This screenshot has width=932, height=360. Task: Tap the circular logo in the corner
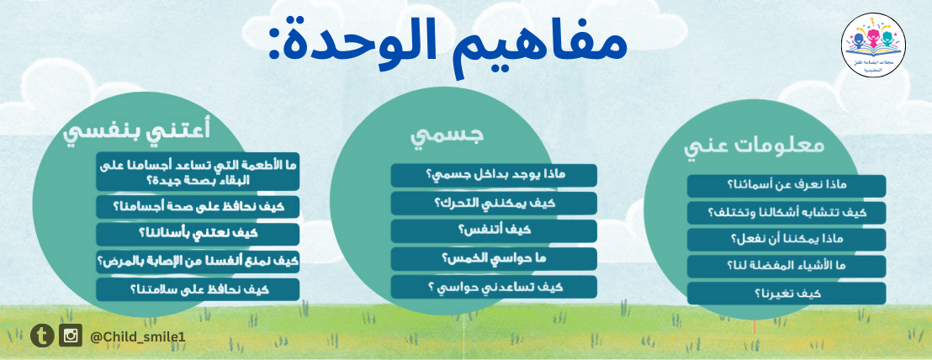[873, 45]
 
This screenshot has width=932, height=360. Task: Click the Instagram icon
[71, 336]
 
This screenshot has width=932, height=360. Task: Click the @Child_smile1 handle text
[138, 336]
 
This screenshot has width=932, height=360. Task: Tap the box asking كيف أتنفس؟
[494, 231]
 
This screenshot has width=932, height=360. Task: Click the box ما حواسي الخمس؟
[494, 259]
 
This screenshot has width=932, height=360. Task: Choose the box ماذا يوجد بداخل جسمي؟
[494, 175]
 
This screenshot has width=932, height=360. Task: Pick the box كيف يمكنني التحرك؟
[494, 204]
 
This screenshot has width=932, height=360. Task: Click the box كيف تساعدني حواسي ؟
[494, 287]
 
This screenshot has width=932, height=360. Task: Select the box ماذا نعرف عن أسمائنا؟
[786, 186]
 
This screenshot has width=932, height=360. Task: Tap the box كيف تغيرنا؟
[786, 294]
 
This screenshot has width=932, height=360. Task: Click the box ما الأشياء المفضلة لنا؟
[786, 267]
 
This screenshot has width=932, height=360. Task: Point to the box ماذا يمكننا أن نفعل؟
[786, 240]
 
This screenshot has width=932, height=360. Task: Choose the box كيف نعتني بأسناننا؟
[198, 235]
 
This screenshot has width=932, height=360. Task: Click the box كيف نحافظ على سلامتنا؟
[198, 290]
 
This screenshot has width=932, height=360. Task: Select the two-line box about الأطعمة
[198, 172]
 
